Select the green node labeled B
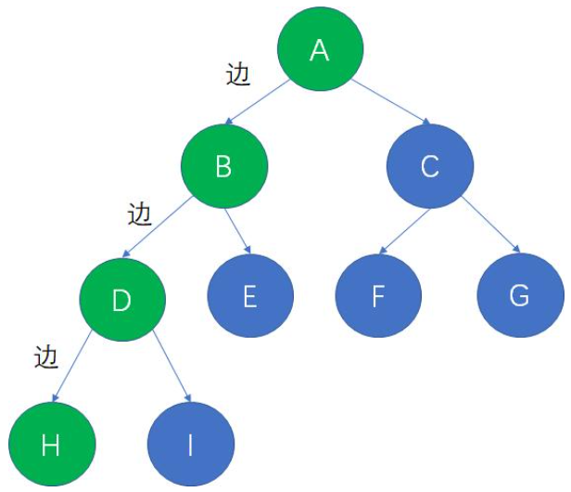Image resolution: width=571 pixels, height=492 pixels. coord(224,167)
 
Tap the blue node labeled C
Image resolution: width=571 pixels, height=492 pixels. coord(429,167)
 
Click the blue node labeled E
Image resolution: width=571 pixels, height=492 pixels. coord(249,296)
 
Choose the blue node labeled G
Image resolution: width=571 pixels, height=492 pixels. coord(520,296)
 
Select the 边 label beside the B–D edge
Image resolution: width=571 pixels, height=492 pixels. coord(138,214)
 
